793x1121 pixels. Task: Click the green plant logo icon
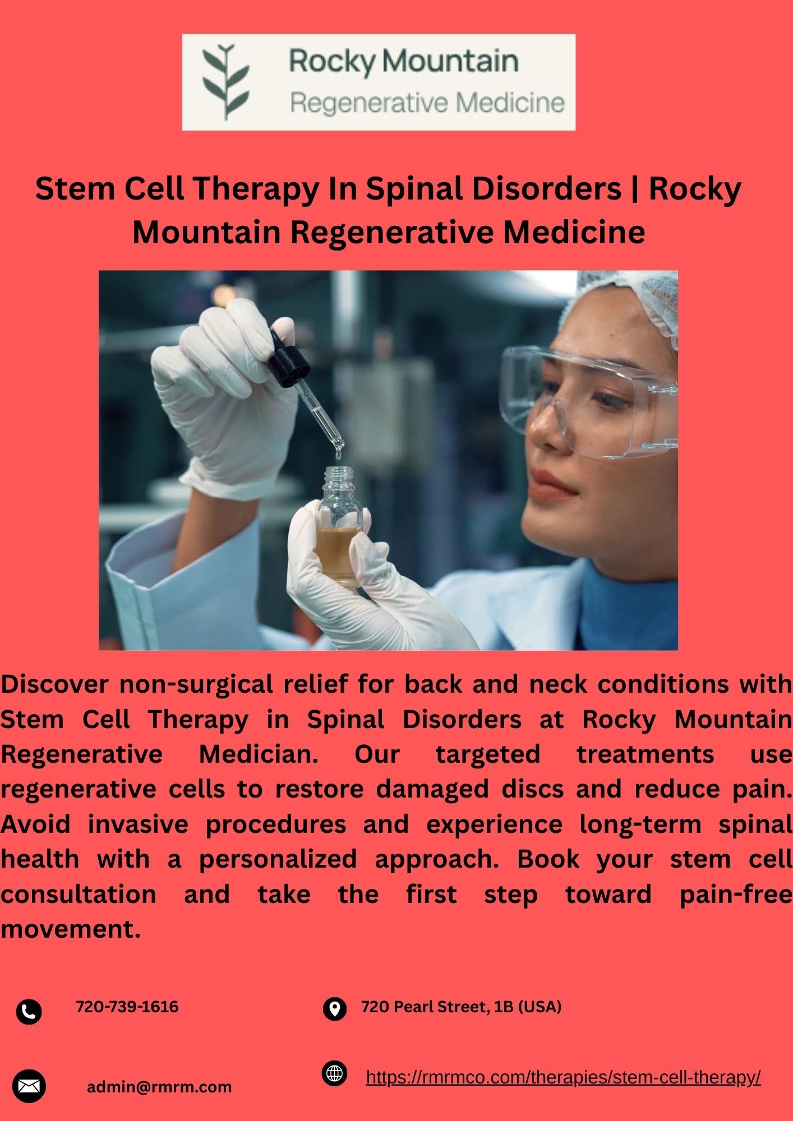225,81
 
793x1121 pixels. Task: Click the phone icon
29,1012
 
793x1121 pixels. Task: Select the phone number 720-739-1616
127,1007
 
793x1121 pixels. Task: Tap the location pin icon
335,1009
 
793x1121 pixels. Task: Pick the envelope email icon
29,1086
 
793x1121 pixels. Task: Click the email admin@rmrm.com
159,1087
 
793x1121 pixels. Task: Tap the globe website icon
335,1073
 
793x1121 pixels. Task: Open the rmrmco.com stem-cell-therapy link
563,1077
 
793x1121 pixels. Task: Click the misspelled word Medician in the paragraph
259,754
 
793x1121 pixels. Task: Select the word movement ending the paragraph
71,929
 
